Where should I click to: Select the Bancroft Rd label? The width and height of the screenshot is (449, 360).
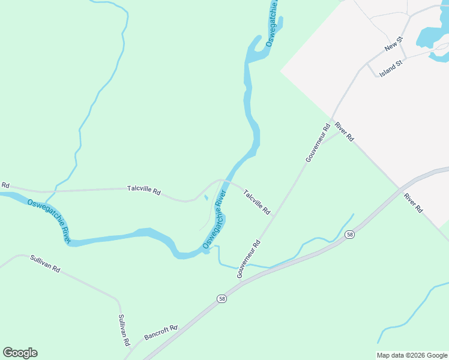pos(161,332)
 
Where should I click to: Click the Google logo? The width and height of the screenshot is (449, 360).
pos(20,353)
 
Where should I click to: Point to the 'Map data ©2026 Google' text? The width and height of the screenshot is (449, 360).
pos(412,355)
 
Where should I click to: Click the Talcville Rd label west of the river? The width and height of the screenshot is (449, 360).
pos(144,190)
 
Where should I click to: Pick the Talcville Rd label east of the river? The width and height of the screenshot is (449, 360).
pos(258,202)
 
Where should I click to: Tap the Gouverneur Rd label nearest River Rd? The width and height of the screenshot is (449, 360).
pos(318,143)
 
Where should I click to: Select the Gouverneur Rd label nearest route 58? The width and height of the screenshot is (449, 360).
pos(249,259)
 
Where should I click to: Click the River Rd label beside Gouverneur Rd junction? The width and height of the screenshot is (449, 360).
pos(345,131)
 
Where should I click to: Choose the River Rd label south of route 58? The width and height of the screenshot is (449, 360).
pos(414,203)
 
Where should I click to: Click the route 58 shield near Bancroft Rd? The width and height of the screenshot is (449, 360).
pos(222,298)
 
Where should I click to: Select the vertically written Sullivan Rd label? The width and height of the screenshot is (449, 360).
pos(124,331)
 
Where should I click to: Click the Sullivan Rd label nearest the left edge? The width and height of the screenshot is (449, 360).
pos(45,265)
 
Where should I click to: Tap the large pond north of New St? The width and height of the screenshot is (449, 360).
pos(428,35)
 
